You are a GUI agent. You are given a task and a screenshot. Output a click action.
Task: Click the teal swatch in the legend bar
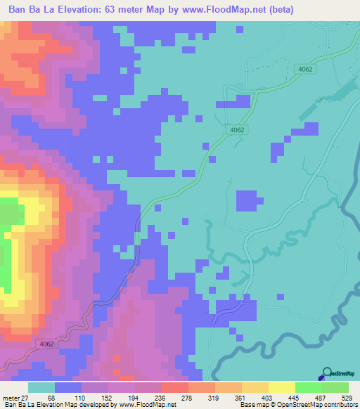click(41, 387)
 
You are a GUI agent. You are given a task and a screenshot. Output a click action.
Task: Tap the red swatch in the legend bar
click(175, 387)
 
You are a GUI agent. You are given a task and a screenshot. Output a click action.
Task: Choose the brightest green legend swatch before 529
click(309, 387)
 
